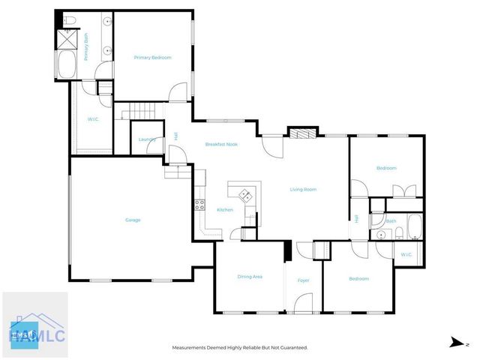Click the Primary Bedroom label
point(152,58)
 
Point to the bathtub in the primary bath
point(66,64)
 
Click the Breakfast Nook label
point(222,144)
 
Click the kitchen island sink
point(245,195)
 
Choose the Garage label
point(133,220)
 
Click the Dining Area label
point(250,277)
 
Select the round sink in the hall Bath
point(380,235)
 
